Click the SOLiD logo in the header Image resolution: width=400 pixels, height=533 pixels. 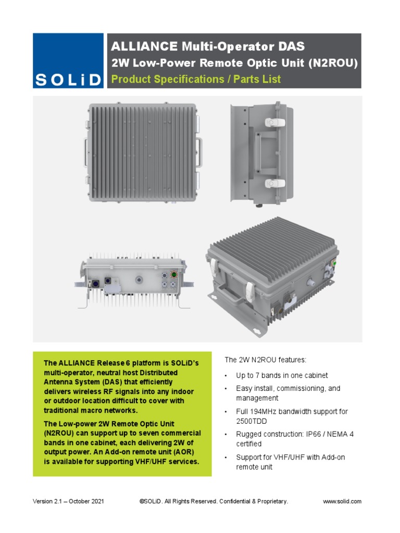68,61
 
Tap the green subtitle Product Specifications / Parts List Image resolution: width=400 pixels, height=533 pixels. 196,79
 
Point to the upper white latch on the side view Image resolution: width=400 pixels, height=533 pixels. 273,123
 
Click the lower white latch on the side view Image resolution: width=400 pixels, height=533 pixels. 273,184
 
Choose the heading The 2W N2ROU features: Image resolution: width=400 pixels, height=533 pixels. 265,360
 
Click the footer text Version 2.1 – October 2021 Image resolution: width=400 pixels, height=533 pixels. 68,501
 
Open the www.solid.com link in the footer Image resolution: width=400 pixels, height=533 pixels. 342,501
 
